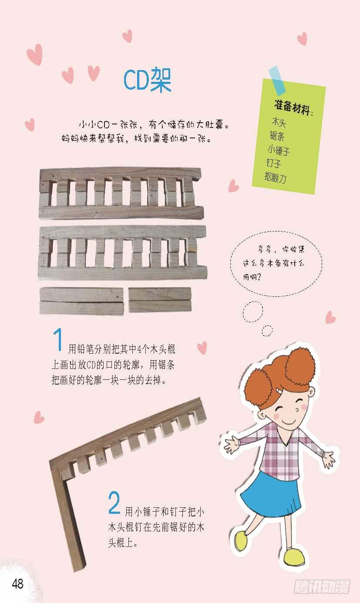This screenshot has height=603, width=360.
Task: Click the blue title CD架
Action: coord(147,80)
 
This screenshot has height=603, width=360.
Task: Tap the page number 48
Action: coord(17,583)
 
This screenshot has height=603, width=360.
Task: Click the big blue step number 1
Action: coord(57,339)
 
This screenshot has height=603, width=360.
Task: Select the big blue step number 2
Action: coord(114,502)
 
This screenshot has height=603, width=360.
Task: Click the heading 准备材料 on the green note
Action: coord(293,108)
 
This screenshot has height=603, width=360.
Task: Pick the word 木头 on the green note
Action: coord(279,123)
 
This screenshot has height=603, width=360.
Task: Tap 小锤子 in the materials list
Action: coord(279,150)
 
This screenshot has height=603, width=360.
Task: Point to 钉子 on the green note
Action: coord(273,163)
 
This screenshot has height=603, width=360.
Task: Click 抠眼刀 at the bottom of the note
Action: coord(275,178)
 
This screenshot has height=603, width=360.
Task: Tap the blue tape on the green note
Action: coord(277,80)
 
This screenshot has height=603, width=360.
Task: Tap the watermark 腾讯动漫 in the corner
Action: coord(322,586)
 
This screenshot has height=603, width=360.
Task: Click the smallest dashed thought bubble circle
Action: coord(267,331)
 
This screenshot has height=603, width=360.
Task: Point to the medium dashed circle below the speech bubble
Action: coord(253,312)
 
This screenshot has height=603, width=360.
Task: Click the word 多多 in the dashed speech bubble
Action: coord(265,250)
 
